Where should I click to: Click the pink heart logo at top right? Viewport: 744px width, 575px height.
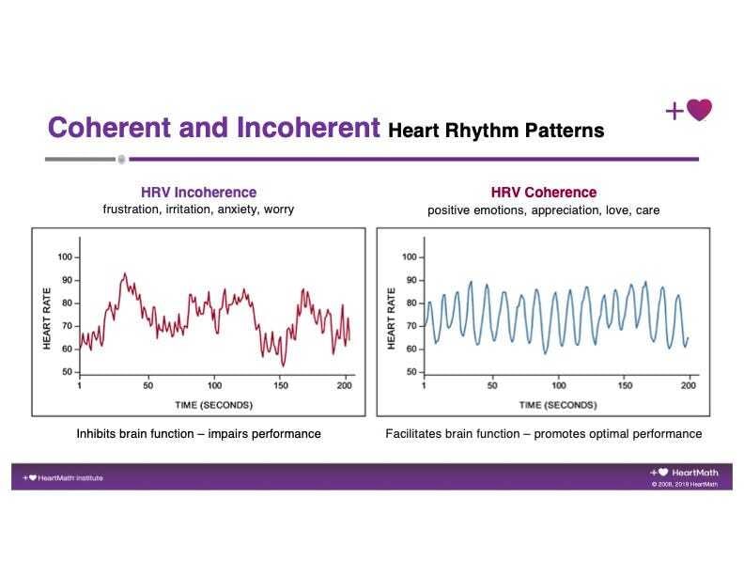[x=699, y=111]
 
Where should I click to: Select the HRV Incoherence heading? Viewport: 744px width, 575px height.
[x=198, y=192]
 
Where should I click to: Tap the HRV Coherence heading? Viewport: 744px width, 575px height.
[x=543, y=193]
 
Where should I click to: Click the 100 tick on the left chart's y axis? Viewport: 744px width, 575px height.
[x=65, y=256]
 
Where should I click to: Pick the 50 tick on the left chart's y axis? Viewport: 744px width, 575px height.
[x=68, y=372]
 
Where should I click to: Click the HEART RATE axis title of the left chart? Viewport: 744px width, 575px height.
[x=47, y=316]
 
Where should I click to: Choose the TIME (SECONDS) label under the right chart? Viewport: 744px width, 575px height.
[x=559, y=404]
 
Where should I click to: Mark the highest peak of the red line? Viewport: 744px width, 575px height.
[x=124, y=273]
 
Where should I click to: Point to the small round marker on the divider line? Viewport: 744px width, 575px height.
[x=121, y=159]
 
